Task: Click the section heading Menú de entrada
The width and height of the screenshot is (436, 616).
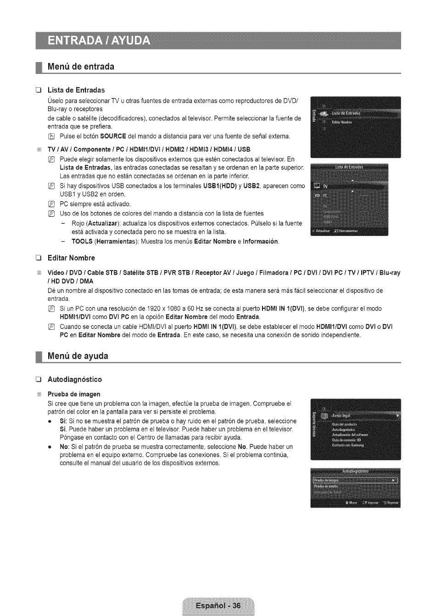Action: [x=81, y=67]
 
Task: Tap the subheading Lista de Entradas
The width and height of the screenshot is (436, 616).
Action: [x=76, y=90]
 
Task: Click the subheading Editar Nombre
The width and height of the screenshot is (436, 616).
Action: [x=71, y=258]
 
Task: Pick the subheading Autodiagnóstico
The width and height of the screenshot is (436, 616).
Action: [x=75, y=379]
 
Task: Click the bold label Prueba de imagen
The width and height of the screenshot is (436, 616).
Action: [x=74, y=394]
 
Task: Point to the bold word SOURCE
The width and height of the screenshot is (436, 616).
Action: [x=113, y=136]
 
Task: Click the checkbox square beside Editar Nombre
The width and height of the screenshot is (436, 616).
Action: [x=39, y=258]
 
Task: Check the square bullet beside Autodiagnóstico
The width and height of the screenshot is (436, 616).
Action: [x=39, y=379]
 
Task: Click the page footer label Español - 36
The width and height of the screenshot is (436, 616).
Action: [x=218, y=605]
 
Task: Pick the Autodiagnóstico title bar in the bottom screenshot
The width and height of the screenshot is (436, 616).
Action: [x=355, y=471]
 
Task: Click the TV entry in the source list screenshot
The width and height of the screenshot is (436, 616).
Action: [x=325, y=186]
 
